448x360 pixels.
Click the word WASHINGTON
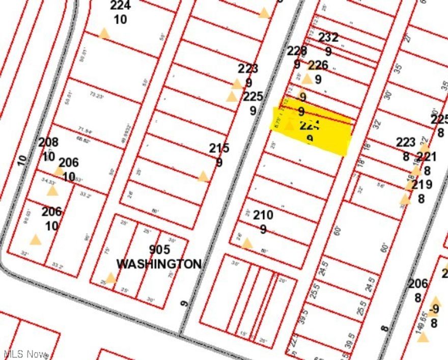[x=159, y=264]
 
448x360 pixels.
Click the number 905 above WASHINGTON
[x=159, y=250]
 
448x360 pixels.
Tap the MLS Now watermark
[x=25, y=354]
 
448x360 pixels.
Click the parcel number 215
[x=219, y=148]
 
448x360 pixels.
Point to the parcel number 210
[x=263, y=215]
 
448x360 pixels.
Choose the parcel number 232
[x=328, y=37]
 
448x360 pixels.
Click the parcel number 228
[x=297, y=50]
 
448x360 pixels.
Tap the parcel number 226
[x=319, y=65]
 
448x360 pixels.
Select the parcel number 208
[x=48, y=142]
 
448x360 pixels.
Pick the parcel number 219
[x=422, y=184]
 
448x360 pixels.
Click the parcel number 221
[x=427, y=157]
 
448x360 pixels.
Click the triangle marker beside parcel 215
[x=203, y=177]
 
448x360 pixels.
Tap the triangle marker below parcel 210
[x=247, y=243]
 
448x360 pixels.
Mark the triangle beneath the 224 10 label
[x=104, y=34]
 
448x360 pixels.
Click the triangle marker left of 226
[x=306, y=78]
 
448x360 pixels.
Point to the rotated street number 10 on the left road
[x=21, y=160]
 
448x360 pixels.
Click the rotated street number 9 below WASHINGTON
[x=184, y=303]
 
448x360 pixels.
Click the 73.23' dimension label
[x=96, y=95]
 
